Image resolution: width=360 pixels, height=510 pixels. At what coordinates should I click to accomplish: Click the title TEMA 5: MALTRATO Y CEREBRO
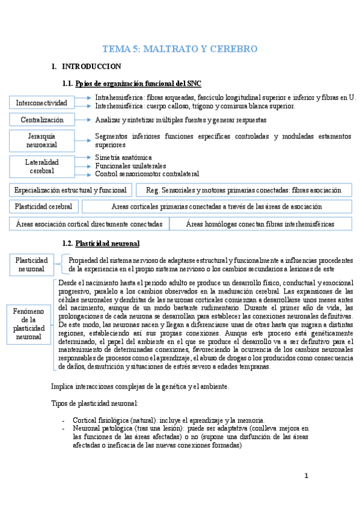pos(180,49)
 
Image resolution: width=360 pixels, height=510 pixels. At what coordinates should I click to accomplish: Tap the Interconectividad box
pos(41,103)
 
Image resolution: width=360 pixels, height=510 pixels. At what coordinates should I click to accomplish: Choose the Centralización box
pos(42,120)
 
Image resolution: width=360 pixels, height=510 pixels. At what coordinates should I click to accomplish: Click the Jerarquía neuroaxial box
pos(41,141)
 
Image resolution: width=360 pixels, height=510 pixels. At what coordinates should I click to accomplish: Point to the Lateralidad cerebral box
pos(41,166)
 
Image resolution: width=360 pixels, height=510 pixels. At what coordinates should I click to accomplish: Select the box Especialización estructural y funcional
pos(71,190)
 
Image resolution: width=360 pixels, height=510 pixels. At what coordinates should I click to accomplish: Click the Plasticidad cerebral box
pos(44,206)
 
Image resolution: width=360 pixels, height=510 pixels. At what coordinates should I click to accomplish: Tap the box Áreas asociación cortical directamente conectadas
pos(89,224)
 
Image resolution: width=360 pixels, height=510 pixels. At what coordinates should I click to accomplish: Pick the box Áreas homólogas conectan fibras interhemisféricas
pos(260,224)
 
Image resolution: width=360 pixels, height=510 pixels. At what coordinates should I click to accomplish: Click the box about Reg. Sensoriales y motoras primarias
pos(243,190)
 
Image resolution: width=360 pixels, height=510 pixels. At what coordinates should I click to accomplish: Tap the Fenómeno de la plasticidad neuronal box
pos(31,324)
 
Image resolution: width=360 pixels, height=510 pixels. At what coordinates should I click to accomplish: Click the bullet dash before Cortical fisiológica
pos(64,420)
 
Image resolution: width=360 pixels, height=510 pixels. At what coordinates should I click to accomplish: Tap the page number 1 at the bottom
pos(306,476)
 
